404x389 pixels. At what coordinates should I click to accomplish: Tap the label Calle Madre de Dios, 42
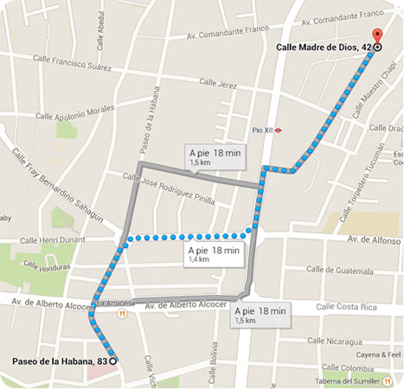pyautogui.click(x=323, y=48)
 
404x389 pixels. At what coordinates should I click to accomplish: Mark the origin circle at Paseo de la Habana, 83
pyautogui.click(x=113, y=360)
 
